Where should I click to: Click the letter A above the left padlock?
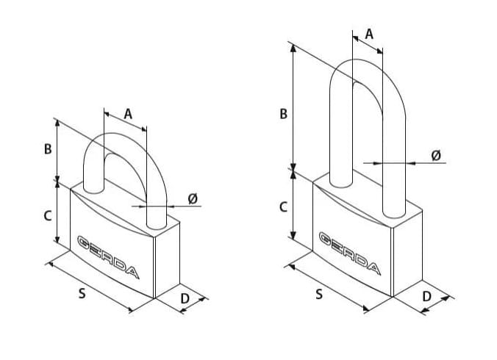(127, 114)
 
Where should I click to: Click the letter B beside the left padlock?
(48, 148)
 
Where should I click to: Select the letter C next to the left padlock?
(48, 216)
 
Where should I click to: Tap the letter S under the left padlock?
(82, 294)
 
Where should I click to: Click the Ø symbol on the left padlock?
(193, 198)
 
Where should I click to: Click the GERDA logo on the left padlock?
(108, 256)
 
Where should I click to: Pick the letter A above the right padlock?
(369, 34)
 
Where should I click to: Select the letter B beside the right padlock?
(283, 115)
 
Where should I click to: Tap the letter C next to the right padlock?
(283, 208)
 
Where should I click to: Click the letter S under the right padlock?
(319, 294)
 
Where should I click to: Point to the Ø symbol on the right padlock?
(435, 155)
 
